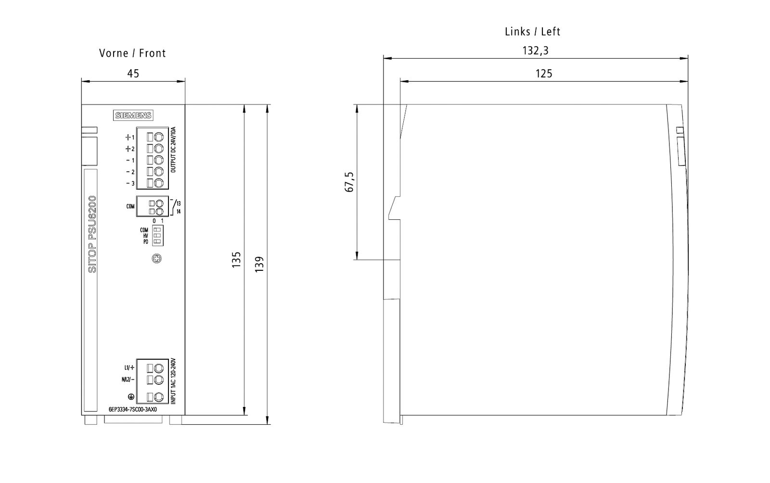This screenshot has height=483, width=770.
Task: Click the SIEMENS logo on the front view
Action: point(133,115)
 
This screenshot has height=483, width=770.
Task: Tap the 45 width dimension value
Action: point(133,74)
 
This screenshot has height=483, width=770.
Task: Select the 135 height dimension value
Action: point(236,260)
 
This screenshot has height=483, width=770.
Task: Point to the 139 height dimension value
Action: point(259,264)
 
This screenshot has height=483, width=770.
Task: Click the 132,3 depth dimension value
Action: point(536,51)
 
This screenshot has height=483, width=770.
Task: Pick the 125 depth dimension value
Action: point(544,74)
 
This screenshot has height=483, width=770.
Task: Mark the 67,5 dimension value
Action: point(349,182)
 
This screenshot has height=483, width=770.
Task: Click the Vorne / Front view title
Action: point(132,53)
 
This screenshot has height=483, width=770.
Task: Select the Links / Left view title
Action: point(532,32)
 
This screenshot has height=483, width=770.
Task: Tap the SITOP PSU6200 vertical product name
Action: point(92,234)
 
